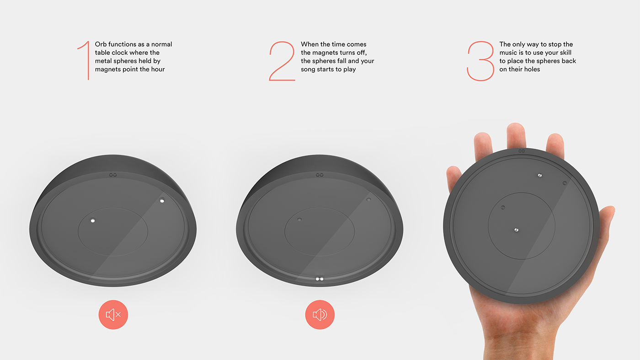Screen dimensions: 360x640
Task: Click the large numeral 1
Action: click(85, 60)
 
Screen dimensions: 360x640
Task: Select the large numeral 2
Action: click(282, 61)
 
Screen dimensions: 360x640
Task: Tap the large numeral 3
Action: click(480, 61)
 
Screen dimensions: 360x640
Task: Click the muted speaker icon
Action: click(113, 315)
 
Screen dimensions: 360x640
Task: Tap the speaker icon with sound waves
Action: click(320, 315)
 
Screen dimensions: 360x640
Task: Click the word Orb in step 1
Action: click(101, 44)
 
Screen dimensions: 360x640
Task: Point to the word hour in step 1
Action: click(157, 69)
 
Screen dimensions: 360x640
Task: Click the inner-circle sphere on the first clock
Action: click(93, 220)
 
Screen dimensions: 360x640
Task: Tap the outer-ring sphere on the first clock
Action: click(162, 200)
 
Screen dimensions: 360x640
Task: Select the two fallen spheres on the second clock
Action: click(320, 278)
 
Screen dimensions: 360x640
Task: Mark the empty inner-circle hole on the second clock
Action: click(299, 220)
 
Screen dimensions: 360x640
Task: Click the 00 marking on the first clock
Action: click(113, 175)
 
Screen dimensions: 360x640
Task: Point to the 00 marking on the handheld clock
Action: click(521, 150)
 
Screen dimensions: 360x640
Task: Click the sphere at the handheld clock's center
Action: click(516, 230)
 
